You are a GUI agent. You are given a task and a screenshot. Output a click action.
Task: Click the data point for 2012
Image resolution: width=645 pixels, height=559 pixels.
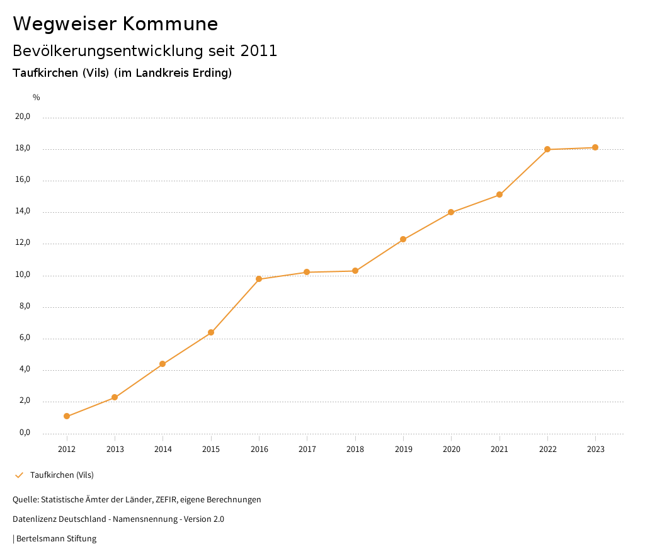coord(67,416)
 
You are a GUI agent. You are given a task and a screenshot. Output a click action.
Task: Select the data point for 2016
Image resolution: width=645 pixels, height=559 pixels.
coord(259,279)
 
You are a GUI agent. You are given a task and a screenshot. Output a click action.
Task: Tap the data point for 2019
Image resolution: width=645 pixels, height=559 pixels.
coord(403,239)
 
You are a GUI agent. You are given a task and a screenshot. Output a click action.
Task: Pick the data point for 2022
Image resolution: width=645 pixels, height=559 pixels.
coord(547,149)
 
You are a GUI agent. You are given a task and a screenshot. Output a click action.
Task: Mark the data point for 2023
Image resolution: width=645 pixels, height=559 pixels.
coord(595,147)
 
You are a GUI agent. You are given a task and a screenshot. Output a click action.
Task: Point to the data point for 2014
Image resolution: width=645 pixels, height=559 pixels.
coord(163,364)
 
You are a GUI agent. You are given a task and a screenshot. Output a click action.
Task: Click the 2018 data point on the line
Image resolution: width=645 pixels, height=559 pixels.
coord(355,271)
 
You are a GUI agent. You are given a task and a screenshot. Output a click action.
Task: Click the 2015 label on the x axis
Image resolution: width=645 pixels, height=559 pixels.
coord(211,449)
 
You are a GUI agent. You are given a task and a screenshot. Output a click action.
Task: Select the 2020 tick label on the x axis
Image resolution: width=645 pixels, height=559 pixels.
coord(452,449)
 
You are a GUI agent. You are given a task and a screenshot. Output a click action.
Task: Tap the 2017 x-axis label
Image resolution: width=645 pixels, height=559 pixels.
coord(307,449)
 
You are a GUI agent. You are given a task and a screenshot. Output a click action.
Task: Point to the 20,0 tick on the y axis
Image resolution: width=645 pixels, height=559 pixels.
coord(23,116)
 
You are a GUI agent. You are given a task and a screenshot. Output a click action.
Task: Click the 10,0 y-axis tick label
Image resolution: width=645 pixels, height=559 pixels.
coord(23,275)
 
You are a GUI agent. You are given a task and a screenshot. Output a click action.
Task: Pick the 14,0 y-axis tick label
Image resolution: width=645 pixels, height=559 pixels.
coord(23,212)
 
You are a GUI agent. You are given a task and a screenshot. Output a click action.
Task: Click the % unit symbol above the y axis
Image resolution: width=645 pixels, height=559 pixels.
coord(37,98)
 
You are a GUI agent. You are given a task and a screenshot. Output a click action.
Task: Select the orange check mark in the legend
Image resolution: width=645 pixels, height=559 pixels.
coord(19,475)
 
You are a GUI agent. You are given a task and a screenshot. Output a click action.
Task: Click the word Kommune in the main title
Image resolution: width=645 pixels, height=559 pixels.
coord(171,24)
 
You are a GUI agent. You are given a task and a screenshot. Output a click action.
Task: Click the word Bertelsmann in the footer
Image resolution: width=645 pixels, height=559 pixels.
coord(40,539)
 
